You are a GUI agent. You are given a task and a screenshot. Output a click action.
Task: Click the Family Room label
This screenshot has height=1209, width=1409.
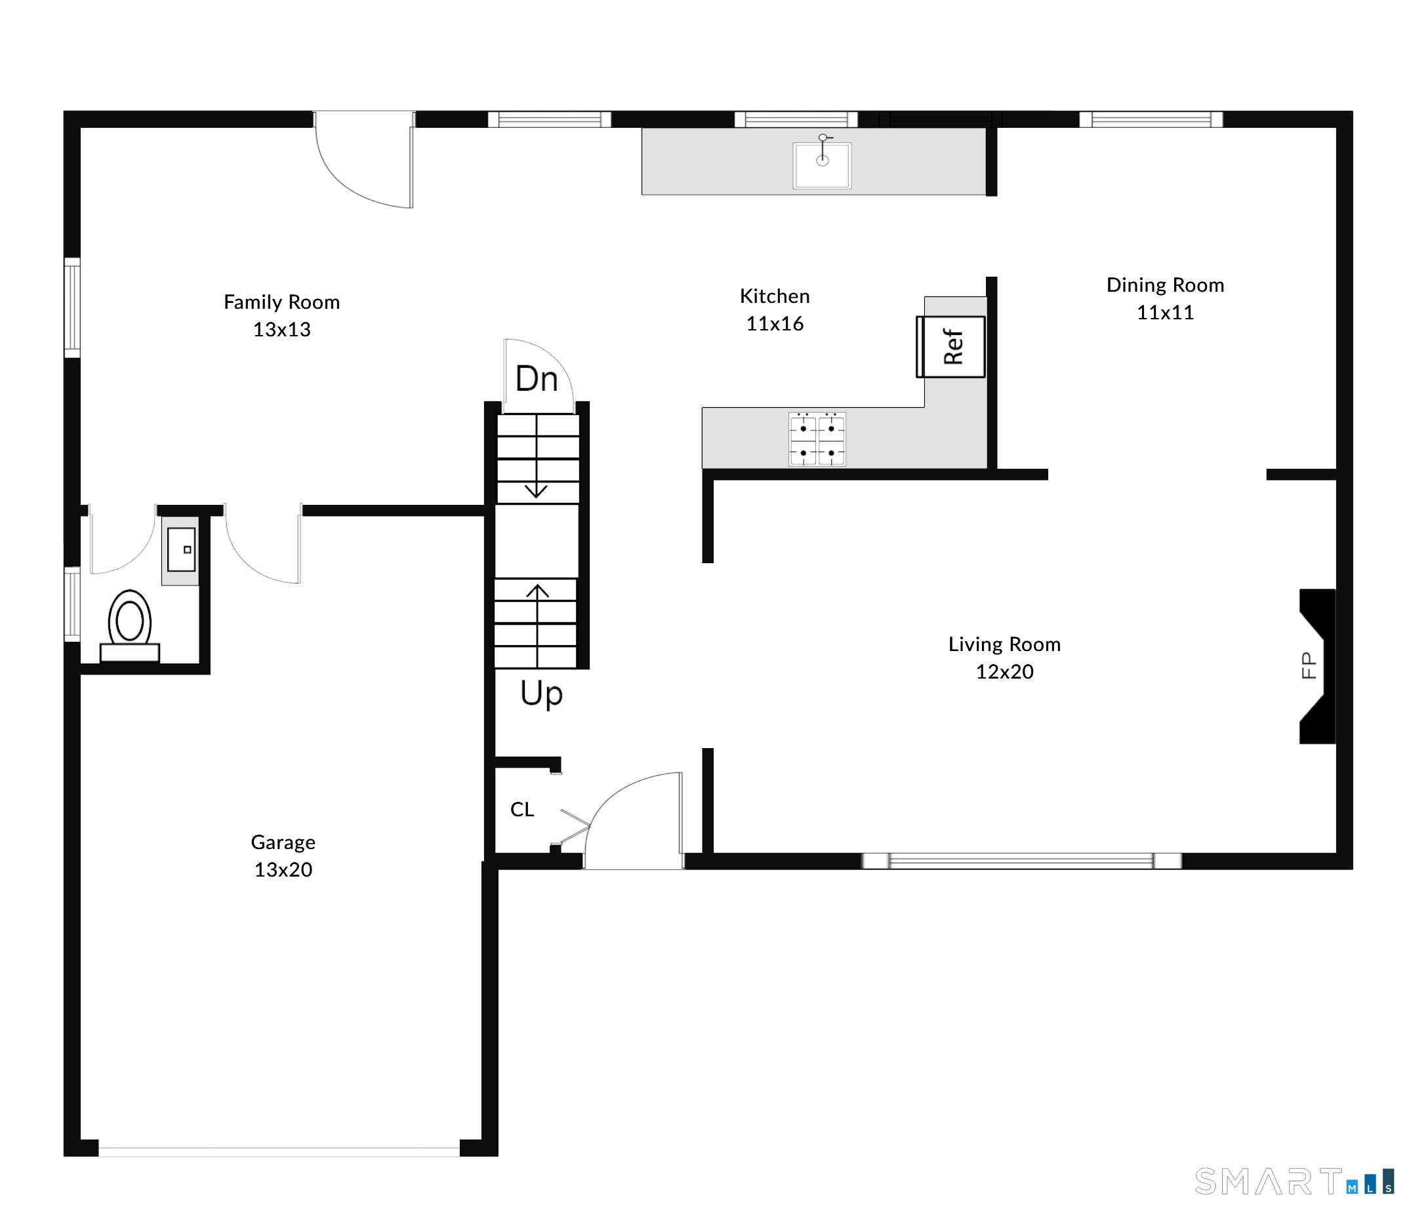(281, 302)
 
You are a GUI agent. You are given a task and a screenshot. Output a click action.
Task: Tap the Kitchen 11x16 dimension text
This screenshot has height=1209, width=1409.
(775, 323)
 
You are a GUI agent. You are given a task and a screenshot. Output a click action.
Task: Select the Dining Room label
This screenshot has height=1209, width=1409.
(1165, 285)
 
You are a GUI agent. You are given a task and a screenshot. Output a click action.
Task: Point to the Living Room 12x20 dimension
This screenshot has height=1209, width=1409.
(1004, 671)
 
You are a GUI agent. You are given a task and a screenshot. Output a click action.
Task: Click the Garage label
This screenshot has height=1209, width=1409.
(283, 842)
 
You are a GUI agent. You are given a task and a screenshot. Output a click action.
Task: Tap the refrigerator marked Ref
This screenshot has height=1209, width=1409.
(950, 347)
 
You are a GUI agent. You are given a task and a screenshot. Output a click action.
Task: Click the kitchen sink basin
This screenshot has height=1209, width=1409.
(822, 165)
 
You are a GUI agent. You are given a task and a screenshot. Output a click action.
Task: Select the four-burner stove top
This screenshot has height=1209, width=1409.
(817, 439)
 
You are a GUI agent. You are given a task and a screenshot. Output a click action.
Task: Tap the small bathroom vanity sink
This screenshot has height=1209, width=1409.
(182, 549)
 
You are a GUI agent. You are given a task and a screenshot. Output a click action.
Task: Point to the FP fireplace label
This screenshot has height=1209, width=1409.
(1309, 665)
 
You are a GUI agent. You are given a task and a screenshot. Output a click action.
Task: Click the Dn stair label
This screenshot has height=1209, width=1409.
(537, 378)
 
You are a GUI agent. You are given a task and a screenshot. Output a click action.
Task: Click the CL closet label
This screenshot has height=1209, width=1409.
(522, 810)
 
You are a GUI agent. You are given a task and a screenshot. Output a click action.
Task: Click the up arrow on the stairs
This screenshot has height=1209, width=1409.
(537, 626)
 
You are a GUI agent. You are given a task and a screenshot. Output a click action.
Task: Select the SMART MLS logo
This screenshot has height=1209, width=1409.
(1295, 1182)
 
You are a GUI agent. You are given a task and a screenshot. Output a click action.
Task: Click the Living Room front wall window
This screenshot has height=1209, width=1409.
(1021, 861)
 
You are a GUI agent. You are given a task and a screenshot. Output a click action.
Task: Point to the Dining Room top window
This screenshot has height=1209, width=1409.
(1151, 119)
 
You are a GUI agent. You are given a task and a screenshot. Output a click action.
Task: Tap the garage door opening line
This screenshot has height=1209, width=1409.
(279, 1152)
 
